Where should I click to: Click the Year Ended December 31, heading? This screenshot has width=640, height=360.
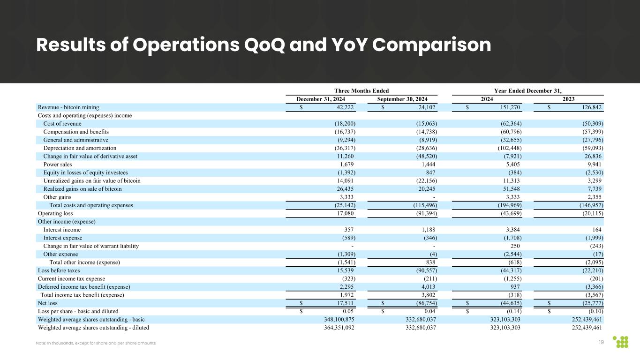527,90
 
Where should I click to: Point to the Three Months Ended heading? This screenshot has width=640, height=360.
361,90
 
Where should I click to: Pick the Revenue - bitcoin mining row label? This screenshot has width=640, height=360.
68,107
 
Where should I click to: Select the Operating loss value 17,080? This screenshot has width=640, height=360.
343,213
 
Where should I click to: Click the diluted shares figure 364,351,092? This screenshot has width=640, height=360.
332,327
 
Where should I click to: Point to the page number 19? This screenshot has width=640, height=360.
602,343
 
